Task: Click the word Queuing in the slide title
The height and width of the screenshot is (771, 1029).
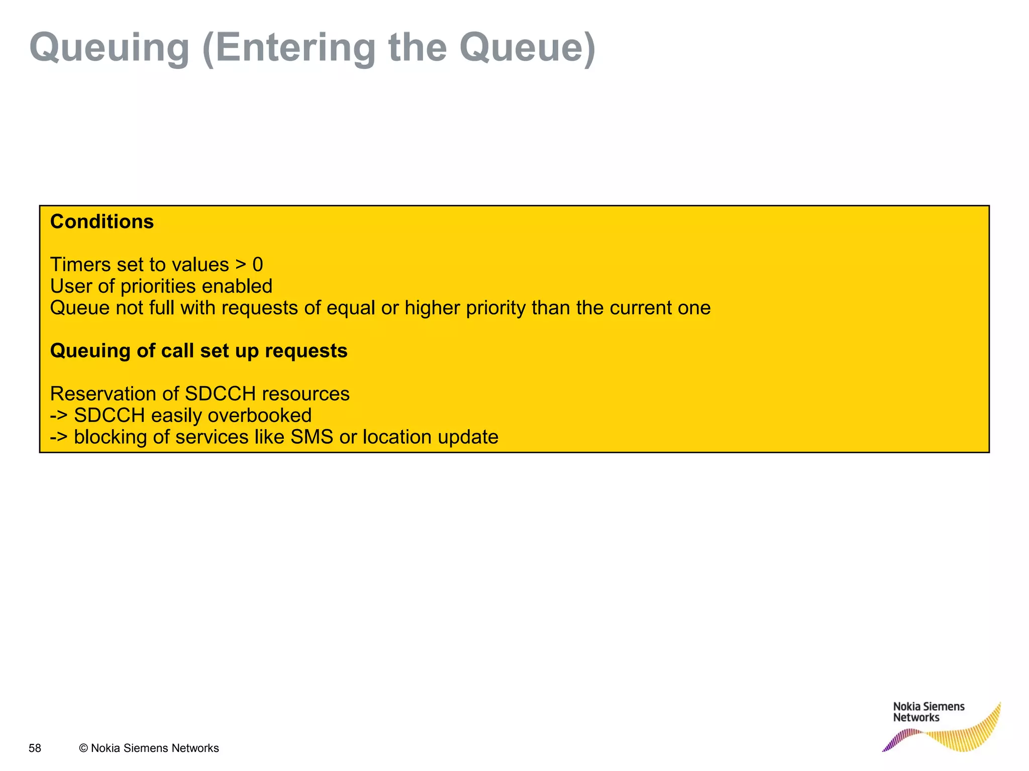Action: coord(109,48)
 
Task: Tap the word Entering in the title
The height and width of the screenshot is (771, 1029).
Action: coord(295,48)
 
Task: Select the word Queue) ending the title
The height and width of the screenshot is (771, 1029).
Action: coord(527,48)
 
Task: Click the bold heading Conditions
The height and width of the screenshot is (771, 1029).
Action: coord(102,222)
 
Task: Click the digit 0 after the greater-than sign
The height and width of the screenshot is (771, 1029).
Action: coord(257,265)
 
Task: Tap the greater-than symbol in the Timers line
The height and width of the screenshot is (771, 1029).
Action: coord(241,265)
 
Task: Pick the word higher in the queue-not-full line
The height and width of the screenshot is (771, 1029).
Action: coord(432,308)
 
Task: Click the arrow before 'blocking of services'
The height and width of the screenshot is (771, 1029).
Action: coord(58,437)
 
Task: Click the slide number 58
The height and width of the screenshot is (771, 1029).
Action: coord(35,748)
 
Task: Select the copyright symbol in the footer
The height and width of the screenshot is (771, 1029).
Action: coord(83,748)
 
